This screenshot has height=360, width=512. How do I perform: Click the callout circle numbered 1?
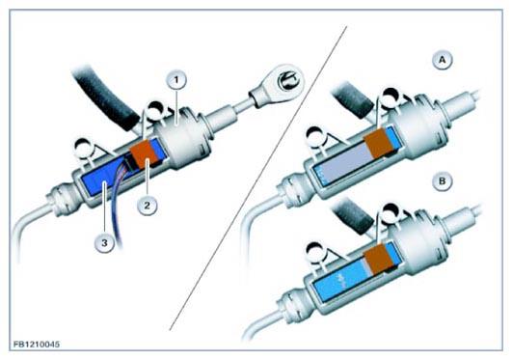click(x=176, y=80)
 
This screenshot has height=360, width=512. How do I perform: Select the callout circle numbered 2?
click(x=148, y=206)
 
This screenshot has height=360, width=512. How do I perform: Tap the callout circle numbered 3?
click(x=104, y=243)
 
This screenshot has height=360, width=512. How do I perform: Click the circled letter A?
click(x=443, y=60)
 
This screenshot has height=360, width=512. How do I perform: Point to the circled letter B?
click(x=443, y=180)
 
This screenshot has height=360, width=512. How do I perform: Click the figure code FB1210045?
click(x=37, y=345)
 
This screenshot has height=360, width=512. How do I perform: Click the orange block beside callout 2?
click(x=145, y=153)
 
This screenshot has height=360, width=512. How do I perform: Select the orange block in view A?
click(x=378, y=142)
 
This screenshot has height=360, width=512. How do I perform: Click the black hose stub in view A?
click(x=353, y=99)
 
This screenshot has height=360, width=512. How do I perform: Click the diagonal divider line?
click(x=258, y=179)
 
